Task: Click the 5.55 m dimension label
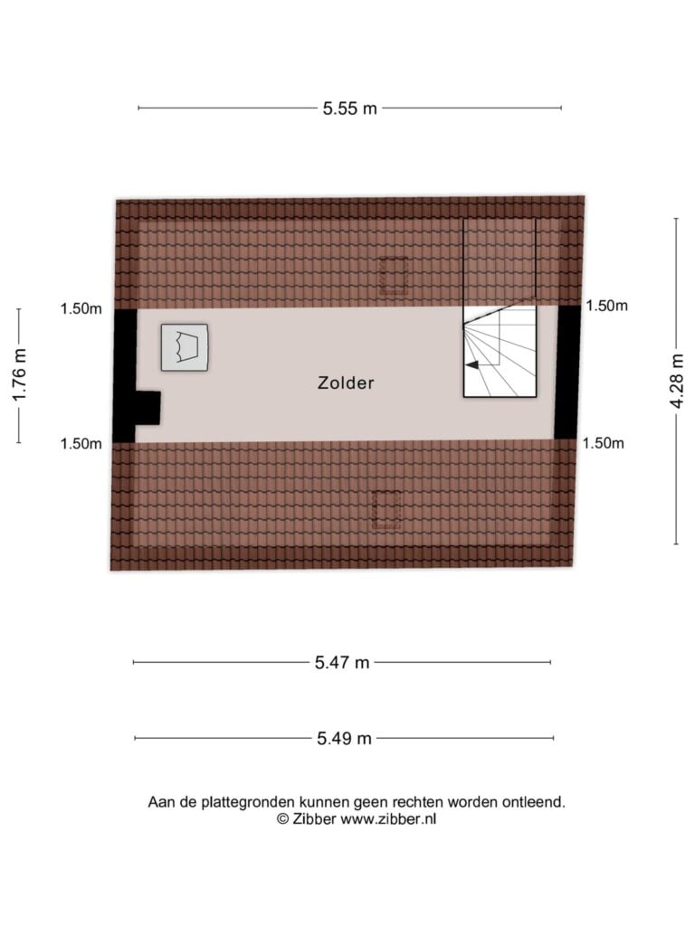349,109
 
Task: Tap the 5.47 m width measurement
341,663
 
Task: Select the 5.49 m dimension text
344,738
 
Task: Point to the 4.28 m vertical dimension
677,381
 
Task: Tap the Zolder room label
347,383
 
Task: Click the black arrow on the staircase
472,365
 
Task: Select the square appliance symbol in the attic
185,347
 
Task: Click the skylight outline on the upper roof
393,277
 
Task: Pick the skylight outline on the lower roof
386,510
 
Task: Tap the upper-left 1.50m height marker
81,309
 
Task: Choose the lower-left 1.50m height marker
81,444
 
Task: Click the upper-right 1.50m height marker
607,306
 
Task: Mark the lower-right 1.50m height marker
604,443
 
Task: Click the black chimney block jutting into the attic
148,408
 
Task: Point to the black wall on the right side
567,372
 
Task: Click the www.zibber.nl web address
387,819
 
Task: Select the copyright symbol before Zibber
282,819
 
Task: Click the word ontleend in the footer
533,803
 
